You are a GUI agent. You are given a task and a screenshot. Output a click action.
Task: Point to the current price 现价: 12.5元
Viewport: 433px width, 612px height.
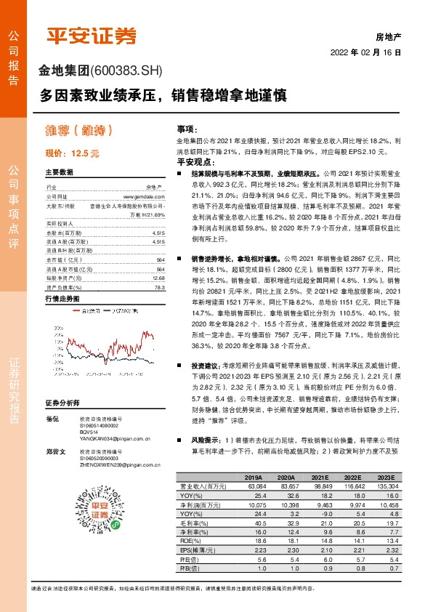(x=71, y=153)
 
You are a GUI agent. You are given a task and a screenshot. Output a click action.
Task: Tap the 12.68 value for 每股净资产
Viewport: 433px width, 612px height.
(x=158, y=278)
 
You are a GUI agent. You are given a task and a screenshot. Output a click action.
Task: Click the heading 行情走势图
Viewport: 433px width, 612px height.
(x=61, y=299)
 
